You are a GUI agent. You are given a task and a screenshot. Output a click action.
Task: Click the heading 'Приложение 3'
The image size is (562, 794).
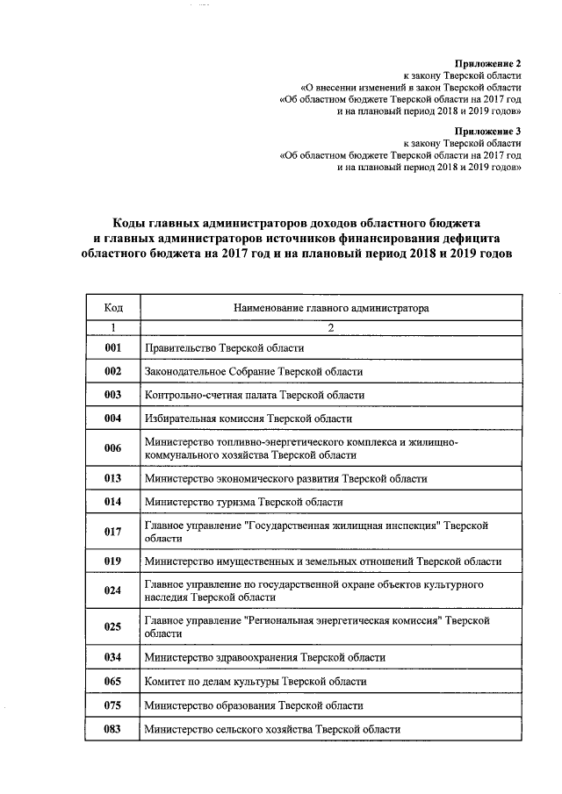(487, 130)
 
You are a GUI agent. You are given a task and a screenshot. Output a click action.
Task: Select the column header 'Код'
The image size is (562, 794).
(112, 309)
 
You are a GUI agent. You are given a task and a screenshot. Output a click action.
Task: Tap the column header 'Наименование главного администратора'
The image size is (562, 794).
(331, 309)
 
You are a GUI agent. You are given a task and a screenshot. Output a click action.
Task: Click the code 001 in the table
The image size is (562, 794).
(112, 348)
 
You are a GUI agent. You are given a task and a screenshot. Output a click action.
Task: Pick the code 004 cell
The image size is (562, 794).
(112, 419)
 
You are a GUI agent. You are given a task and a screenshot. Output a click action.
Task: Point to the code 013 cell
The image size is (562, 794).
(112, 479)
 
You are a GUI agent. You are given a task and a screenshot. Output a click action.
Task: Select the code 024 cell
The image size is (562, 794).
(112, 590)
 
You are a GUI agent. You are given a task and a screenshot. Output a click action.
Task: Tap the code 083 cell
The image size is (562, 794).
(112, 729)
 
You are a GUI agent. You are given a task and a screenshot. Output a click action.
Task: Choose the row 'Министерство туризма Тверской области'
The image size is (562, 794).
(243, 503)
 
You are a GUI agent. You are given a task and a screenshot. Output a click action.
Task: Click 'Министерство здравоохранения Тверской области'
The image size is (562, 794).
(264, 657)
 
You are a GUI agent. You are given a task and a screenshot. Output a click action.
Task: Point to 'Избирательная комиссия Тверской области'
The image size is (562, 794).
(249, 419)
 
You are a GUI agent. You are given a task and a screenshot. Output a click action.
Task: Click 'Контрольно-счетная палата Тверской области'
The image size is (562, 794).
(254, 396)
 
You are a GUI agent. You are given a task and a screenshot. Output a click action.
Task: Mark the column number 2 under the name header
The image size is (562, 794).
(331, 328)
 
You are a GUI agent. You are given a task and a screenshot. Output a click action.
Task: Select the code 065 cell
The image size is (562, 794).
(112, 681)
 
